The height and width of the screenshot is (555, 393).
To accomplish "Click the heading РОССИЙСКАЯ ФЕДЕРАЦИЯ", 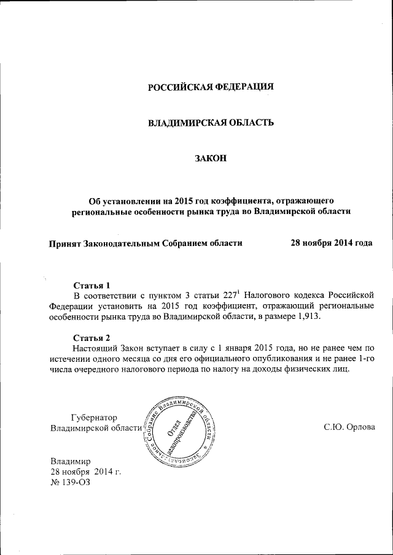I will [211, 86].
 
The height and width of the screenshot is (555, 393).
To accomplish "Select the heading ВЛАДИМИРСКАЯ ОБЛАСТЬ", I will [211, 123].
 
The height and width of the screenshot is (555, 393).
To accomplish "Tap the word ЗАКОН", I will [211, 159].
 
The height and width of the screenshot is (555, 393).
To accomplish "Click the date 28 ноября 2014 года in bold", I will [331, 243].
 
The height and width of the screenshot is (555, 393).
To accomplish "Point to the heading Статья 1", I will [91, 285].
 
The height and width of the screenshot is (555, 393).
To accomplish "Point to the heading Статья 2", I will [91, 338].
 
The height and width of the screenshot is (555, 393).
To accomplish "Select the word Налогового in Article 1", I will [265, 296].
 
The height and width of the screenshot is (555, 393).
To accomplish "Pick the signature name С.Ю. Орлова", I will [348, 427].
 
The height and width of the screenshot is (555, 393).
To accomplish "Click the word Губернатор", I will [95, 417].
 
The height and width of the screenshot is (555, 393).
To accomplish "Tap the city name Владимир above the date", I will [71, 461].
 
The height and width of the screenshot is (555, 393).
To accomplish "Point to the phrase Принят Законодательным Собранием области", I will [146, 243].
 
